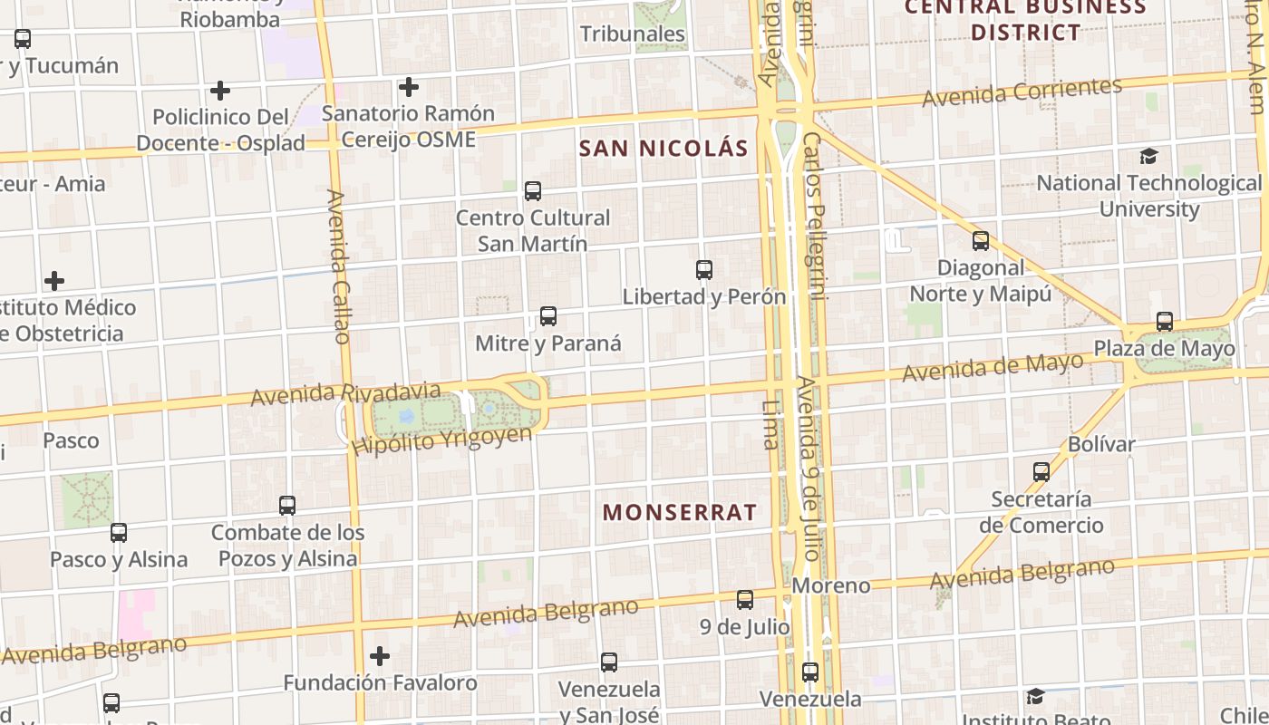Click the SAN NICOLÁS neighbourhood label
(x=664, y=149)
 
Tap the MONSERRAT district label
(x=680, y=512)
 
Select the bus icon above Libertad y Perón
(x=703, y=269)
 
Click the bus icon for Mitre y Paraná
(x=547, y=316)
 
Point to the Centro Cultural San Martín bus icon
(x=533, y=191)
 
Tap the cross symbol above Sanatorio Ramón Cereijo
(x=409, y=87)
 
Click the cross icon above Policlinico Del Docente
(x=219, y=91)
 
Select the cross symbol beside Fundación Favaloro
(x=380, y=655)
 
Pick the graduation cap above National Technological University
(x=1148, y=157)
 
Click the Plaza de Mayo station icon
(x=1165, y=322)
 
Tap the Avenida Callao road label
(x=338, y=266)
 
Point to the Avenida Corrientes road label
(x=1022, y=92)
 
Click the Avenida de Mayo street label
(x=993, y=367)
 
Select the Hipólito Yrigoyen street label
(x=443, y=440)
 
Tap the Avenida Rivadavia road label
(x=345, y=394)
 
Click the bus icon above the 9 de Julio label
(x=745, y=599)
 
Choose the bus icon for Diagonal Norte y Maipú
(x=981, y=241)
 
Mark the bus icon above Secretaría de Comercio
(x=1041, y=472)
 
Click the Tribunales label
(x=633, y=34)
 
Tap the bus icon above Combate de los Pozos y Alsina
(x=287, y=506)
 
